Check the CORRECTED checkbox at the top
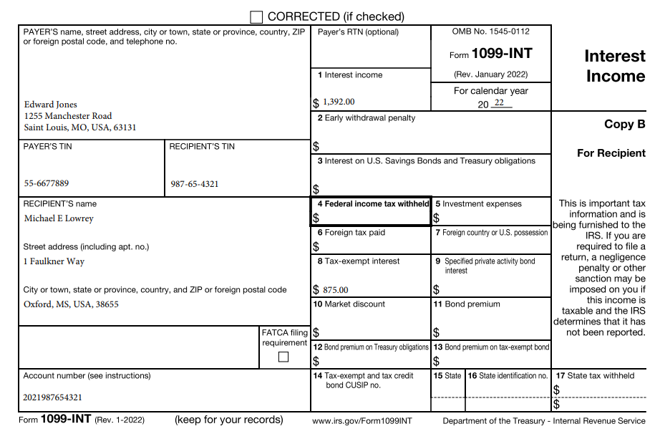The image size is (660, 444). (x=256, y=16)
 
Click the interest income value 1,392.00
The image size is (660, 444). (x=339, y=102)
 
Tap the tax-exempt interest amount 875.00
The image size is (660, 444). (x=335, y=290)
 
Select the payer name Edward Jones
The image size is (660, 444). (x=50, y=105)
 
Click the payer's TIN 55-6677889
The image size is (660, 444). (x=47, y=183)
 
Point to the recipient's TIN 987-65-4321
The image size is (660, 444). (x=195, y=184)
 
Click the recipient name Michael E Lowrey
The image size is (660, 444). (x=59, y=218)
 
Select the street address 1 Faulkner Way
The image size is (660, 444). (x=54, y=261)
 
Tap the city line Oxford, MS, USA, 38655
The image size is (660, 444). (x=71, y=304)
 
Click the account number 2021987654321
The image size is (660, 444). (x=52, y=397)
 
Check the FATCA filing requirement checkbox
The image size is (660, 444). (x=283, y=357)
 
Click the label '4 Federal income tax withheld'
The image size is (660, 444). (x=372, y=204)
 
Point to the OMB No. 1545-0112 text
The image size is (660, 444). (x=491, y=32)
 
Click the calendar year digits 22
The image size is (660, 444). (x=499, y=103)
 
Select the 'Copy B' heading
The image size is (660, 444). (x=624, y=124)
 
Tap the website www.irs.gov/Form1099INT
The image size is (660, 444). (x=362, y=421)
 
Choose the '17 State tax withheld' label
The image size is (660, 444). (x=595, y=376)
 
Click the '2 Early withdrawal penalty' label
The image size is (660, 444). (x=366, y=118)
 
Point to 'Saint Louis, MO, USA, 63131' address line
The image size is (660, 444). (x=80, y=127)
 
